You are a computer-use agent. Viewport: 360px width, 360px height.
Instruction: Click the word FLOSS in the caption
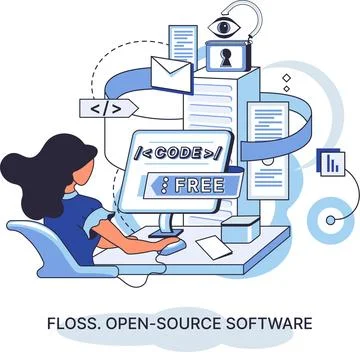pos(75,323)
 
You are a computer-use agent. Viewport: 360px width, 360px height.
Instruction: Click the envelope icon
pos(171,72)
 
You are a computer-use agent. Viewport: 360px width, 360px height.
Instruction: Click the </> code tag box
pos(107,108)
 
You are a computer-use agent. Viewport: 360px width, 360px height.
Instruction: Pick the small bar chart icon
pos(330,160)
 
